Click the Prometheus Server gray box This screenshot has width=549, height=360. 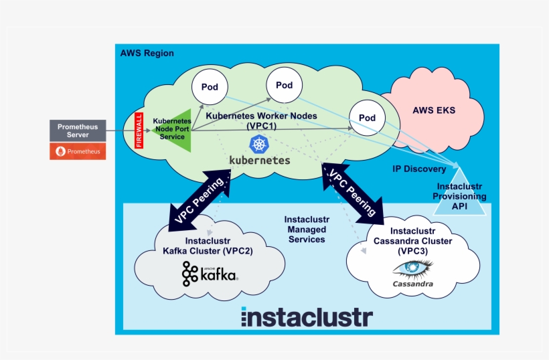tap(78, 130)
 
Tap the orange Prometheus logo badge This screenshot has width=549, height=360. tap(78, 151)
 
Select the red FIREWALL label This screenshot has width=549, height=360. tap(139, 130)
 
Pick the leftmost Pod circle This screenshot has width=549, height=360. tap(209, 87)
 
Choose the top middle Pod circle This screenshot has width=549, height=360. tap(284, 85)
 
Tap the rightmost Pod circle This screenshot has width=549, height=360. tap(367, 117)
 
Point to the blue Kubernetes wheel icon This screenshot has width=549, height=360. tap(259, 143)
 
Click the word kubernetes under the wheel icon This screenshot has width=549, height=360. tap(259, 161)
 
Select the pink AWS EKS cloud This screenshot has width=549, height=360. tap(433, 110)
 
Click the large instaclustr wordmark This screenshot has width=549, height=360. tap(306, 317)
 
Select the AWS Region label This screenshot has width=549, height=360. tap(147, 54)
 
